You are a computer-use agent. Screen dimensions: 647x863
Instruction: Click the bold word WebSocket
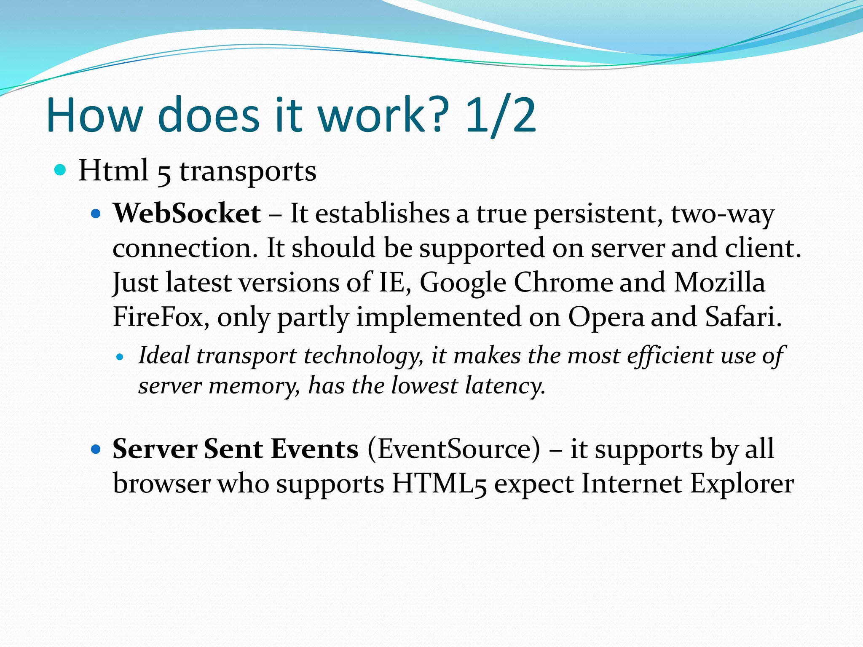tap(187, 214)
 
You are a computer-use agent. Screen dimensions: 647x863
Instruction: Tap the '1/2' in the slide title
tap(501, 116)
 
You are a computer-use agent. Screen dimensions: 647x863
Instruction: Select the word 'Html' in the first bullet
tap(113, 171)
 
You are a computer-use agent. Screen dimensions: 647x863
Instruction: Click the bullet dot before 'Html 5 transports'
tap(61, 170)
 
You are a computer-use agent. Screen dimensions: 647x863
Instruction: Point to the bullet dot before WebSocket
tap(96, 214)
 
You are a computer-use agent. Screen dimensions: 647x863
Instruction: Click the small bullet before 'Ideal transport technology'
tap(120, 357)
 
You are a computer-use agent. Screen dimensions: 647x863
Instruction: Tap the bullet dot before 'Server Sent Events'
tap(96, 449)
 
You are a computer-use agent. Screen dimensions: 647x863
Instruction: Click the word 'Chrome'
tap(563, 282)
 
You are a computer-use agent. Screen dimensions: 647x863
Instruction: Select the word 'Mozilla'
tap(719, 282)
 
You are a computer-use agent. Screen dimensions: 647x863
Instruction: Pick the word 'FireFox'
tap(158, 317)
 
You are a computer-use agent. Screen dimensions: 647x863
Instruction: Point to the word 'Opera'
tap(606, 318)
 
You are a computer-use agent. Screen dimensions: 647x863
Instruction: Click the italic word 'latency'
tap(504, 386)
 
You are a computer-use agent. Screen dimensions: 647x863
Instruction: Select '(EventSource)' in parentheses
tap(453, 449)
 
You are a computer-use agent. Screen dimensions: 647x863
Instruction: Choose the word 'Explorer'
tap(742, 484)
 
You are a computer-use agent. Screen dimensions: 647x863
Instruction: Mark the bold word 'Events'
tap(315, 449)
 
